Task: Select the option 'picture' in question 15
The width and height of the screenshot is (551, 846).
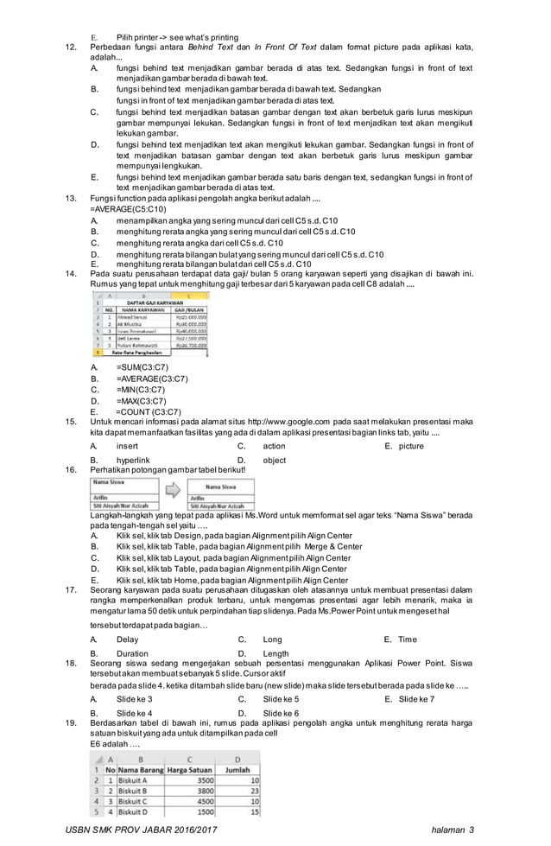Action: [x=410, y=446]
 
